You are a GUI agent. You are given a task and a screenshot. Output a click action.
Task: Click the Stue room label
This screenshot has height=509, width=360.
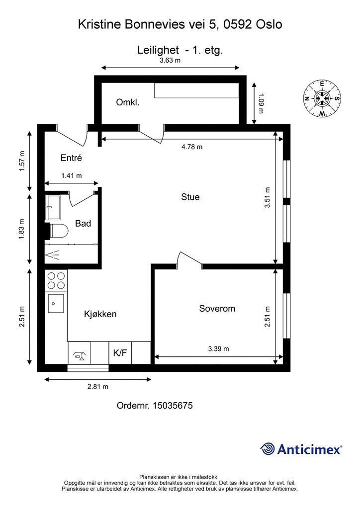(x=190, y=197)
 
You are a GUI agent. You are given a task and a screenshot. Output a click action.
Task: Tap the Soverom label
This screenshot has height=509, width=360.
(x=217, y=308)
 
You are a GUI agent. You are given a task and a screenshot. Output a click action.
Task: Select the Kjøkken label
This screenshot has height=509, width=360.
(x=100, y=314)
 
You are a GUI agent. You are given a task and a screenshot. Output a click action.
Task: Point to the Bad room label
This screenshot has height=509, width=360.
(x=83, y=223)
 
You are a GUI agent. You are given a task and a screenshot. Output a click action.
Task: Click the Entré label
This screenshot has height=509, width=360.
(x=71, y=158)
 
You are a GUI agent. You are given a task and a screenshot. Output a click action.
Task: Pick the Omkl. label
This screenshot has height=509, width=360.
(x=128, y=102)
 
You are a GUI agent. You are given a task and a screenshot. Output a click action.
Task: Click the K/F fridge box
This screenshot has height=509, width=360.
(x=120, y=353)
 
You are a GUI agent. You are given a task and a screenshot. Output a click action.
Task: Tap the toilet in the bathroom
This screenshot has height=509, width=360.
(x=59, y=231)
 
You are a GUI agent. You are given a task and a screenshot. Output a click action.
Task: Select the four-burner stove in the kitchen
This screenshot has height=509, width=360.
(x=56, y=280)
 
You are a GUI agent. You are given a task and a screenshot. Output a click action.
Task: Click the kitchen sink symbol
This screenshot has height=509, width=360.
(x=56, y=303)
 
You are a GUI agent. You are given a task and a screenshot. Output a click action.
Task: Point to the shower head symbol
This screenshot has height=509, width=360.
(x=53, y=255)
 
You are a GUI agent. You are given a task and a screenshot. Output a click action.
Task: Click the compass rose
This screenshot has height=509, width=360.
(x=322, y=98)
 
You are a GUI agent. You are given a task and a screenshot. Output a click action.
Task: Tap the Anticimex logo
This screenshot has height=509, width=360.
(x=301, y=449)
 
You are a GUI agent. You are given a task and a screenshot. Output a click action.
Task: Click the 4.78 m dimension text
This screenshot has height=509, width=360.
(x=192, y=147)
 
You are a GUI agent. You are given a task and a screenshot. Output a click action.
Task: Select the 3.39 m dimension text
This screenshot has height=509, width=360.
(x=218, y=349)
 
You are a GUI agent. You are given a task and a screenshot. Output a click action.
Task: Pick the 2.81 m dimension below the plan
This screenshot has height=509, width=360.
(x=98, y=387)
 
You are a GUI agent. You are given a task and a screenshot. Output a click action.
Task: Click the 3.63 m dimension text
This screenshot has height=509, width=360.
(x=170, y=60)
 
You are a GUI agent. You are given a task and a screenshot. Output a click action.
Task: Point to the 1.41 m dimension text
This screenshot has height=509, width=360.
(x=72, y=175)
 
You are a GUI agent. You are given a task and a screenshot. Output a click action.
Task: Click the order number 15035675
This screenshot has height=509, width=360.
(x=173, y=406)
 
